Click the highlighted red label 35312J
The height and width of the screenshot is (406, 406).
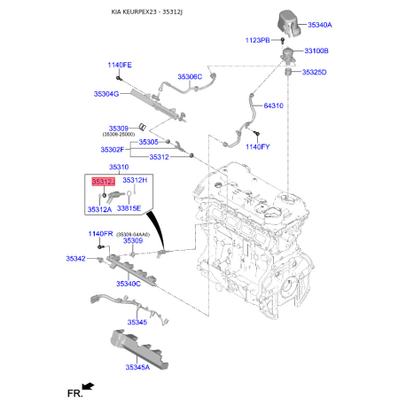coord(103,182)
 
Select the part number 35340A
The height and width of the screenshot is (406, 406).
coord(320,25)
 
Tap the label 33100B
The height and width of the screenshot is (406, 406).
coord(316,51)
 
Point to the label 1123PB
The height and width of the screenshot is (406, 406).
coord(257,40)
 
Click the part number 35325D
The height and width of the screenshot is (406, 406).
coord(314,72)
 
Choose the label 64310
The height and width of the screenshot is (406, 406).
coord(273,105)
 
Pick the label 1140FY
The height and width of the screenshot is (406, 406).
coord(258,147)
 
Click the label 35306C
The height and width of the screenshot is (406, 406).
coord(190,77)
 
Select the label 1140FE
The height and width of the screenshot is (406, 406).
coord(120,65)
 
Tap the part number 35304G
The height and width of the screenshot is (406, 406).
coord(106,94)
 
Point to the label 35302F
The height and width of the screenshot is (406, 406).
coord(113,150)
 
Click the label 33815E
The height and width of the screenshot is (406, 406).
coord(129,208)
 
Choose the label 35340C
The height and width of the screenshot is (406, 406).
coord(129,284)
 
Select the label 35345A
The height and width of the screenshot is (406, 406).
coord(137,367)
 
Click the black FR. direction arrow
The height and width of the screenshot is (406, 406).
coord(88,386)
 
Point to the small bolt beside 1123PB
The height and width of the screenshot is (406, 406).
coord(283,40)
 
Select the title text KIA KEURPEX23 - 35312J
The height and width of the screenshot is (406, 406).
coord(147,12)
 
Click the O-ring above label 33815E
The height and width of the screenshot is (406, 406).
coord(129,193)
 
